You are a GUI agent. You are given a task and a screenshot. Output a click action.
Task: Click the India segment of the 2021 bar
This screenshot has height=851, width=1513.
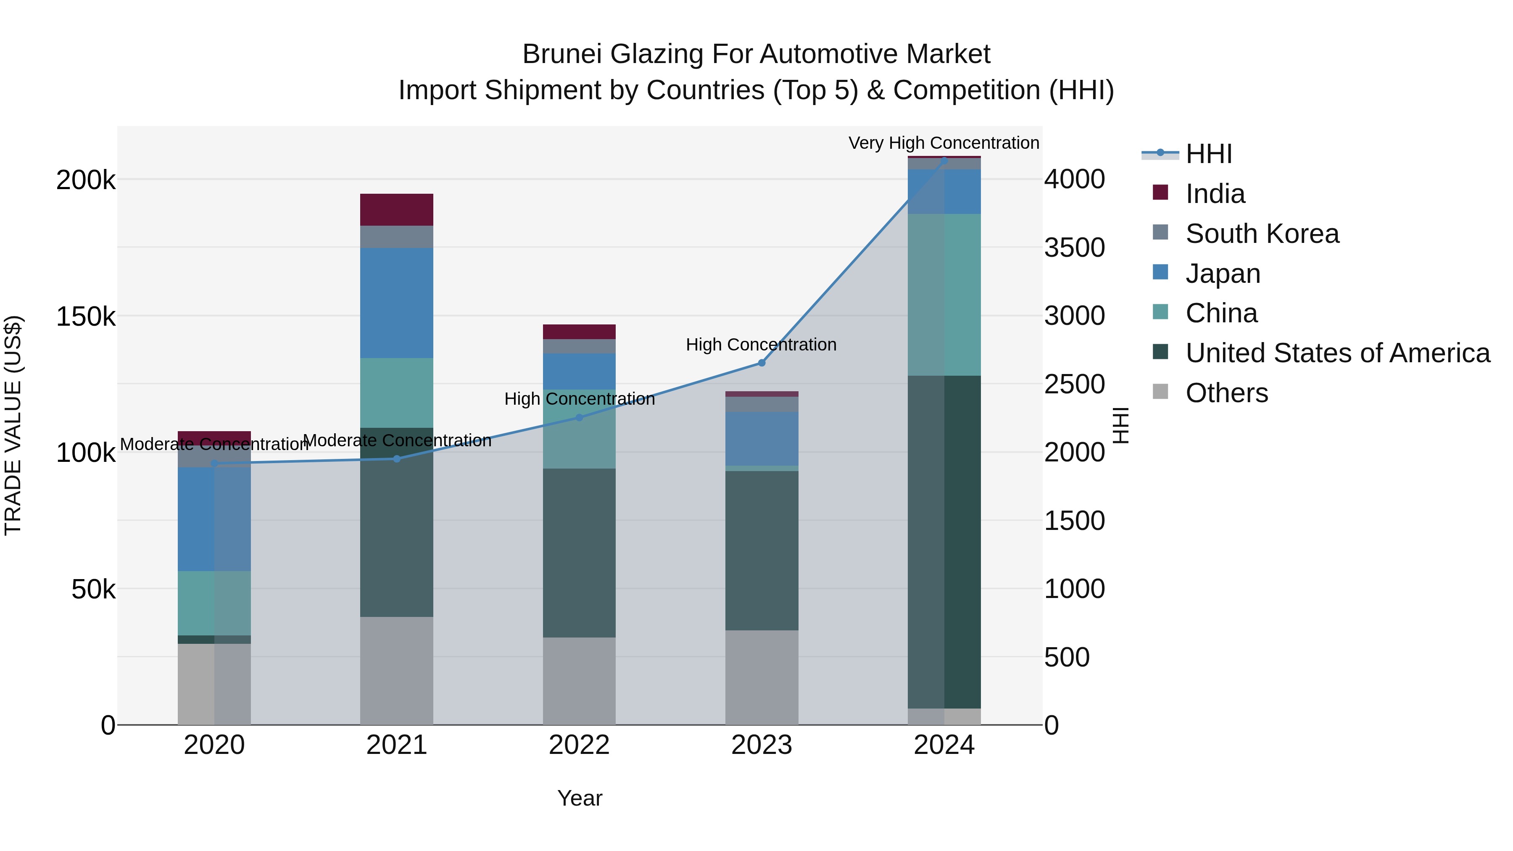(396, 210)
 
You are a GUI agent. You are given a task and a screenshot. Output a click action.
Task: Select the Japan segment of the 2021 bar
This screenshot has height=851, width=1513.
(396, 303)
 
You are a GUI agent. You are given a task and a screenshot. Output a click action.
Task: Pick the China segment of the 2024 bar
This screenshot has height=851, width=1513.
(944, 294)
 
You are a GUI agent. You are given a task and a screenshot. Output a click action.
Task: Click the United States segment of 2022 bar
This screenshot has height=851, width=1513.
(579, 552)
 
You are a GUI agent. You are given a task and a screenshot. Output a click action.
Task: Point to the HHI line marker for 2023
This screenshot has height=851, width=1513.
(762, 363)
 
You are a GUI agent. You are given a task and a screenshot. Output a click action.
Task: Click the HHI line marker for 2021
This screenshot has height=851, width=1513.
(396, 458)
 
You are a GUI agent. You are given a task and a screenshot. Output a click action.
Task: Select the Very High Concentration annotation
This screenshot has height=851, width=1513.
(944, 143)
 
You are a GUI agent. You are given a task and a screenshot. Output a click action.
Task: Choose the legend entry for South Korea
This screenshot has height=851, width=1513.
(1262, 234)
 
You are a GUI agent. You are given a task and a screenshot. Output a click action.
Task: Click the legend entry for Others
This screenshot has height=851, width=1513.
(1226, 393)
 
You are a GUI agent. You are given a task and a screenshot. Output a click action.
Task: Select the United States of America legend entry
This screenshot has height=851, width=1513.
(1337, 353)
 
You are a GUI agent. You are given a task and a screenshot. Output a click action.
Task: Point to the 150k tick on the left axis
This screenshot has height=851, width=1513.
(86, 316)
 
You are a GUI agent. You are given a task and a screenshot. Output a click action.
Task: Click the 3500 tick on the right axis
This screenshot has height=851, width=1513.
(1074, 247)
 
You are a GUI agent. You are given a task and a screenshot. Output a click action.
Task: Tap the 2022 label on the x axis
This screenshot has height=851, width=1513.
(579, 745)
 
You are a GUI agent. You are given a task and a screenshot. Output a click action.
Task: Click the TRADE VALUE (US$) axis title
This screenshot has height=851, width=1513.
(13, 425)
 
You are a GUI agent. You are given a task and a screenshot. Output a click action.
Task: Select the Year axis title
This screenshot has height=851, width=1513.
(580, 798)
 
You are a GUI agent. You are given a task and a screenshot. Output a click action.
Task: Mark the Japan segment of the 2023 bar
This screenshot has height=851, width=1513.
(762, 438)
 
